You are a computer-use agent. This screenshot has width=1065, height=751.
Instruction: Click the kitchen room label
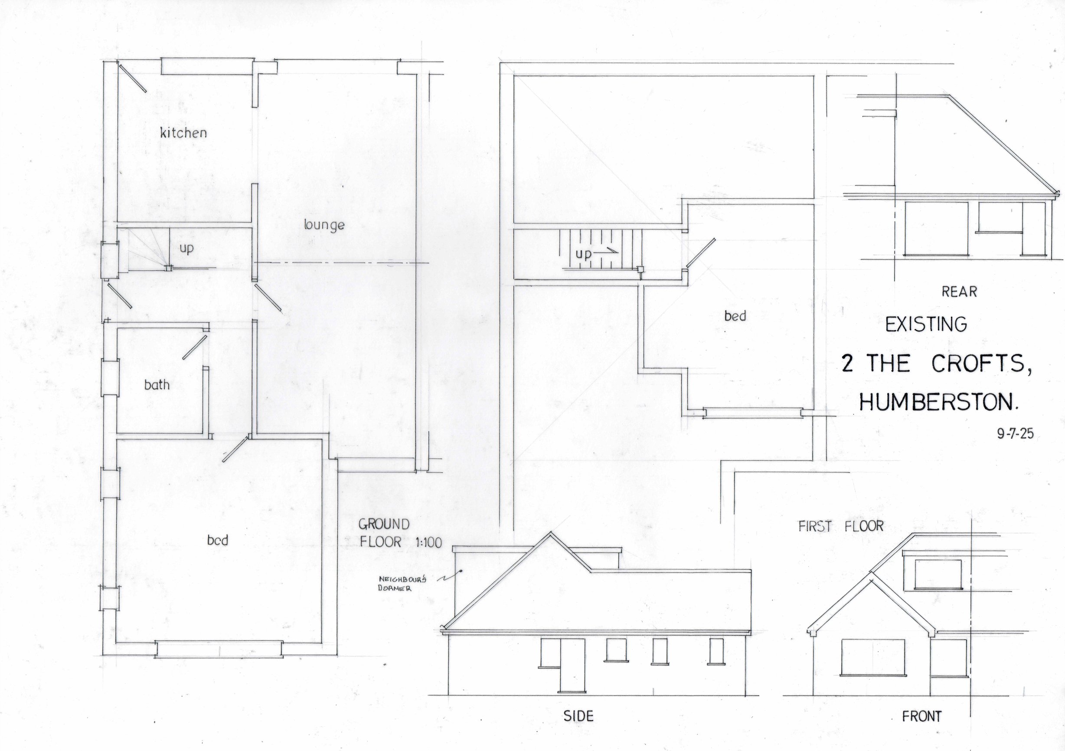183,133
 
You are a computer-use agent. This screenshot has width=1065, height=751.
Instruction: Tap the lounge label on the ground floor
324,225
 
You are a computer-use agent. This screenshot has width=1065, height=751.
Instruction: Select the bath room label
157,385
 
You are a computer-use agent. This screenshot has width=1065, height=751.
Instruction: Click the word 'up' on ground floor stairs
186,249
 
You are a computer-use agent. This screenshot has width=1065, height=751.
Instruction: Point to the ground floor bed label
218,540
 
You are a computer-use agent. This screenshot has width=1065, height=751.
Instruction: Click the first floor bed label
735,316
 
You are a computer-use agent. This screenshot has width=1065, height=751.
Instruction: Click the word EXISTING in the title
926,325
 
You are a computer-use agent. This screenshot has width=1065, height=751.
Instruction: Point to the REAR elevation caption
959,292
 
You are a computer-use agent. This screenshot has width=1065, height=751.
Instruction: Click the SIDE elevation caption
578,716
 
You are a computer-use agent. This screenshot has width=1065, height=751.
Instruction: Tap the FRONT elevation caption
921,717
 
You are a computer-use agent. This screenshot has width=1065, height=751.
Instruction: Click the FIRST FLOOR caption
841,526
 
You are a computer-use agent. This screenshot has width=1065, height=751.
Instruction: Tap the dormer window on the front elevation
938,574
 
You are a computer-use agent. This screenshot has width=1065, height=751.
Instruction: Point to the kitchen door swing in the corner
133,78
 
